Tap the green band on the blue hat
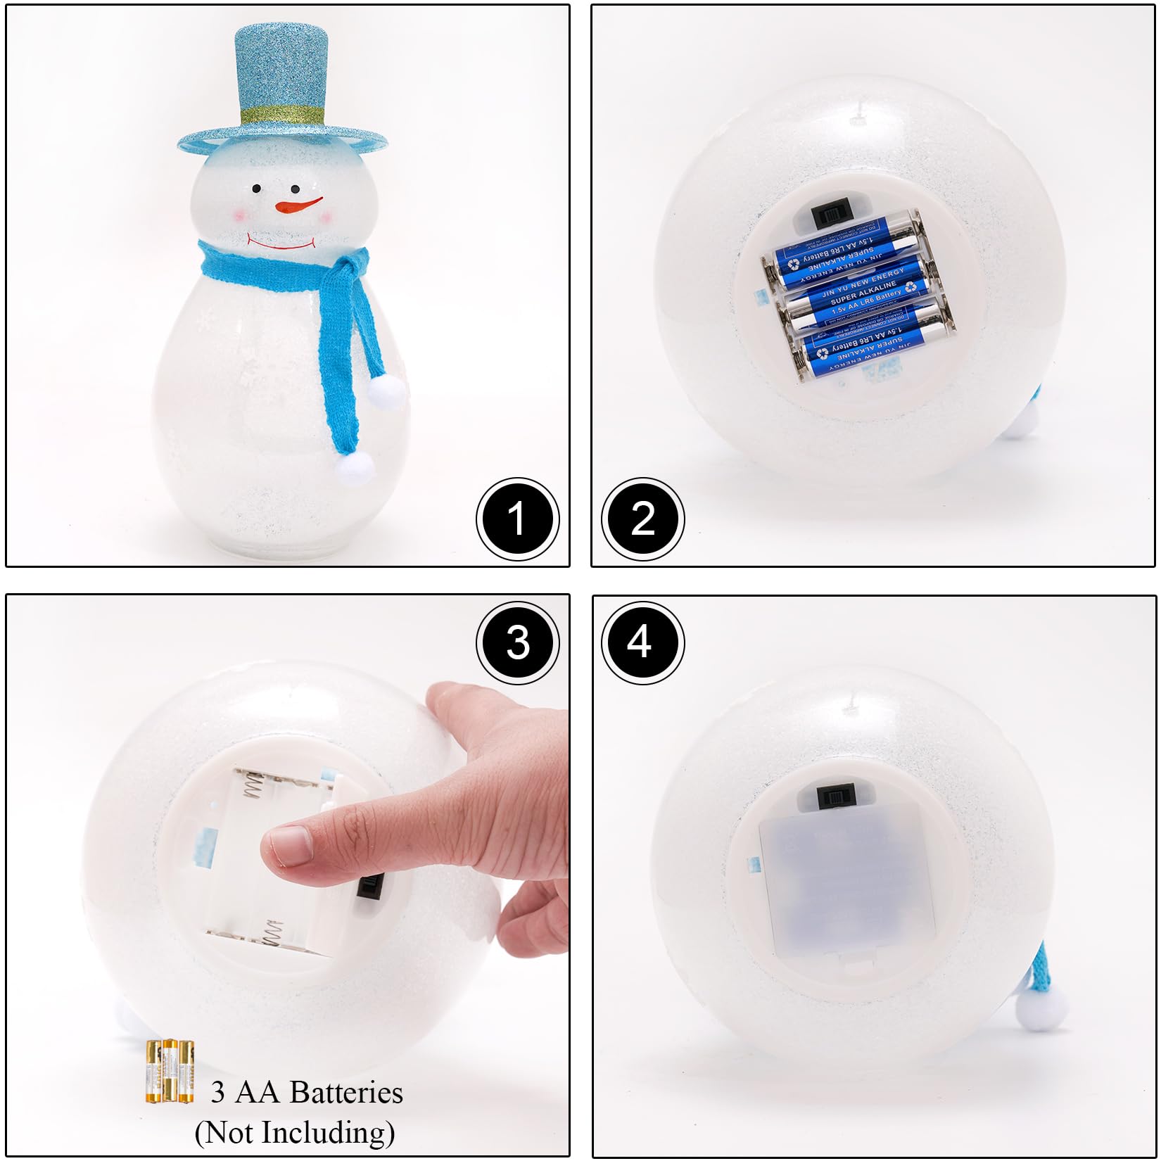[281, 114]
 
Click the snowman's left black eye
[257, 189]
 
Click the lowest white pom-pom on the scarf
[354, 467]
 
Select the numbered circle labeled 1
[517, 519]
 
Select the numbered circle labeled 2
[642, 519]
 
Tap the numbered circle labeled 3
[517, 642]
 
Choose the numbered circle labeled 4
[641, 642]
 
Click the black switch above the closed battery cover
[837, 799]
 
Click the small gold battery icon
[170, 1071]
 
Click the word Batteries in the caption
[345, 1092]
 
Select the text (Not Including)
[294, 1132]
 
